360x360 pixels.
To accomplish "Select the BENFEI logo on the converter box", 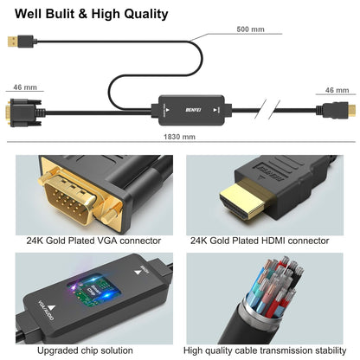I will click(x=192, y=111).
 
